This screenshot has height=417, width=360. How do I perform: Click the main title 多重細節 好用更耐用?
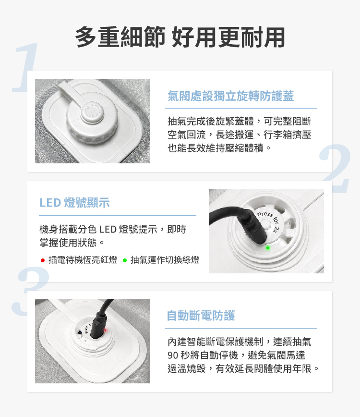click(x=180, y=37)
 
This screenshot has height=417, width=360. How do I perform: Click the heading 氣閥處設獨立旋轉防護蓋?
click(x=230, y=96)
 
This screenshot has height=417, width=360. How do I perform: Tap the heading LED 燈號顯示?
click(x=75, y=203)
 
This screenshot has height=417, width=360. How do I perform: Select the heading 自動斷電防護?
click(x=201, y=316)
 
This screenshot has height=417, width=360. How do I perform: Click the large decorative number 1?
click(x=25, y=68)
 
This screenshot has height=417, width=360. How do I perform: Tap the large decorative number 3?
click(x=30, y=291)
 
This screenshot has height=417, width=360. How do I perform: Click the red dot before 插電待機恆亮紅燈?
click(x=43, y=260)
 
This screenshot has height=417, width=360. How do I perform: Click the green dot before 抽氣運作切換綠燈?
click(x=125, y=260)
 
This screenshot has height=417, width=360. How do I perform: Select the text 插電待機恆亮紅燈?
click(x=83, y=260)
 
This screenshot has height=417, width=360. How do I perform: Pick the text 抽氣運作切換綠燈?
click(x=165, y=260)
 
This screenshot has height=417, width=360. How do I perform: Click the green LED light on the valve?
click(x=268, y=247)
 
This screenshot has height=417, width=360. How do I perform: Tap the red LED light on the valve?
click(x=106, y=331)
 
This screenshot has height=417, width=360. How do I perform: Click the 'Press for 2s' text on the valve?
click(x=269, y=220)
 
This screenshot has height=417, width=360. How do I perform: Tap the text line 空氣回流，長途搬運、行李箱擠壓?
click(x=240, y=135)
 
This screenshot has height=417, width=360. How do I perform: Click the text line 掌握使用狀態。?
click(x=72, y=243)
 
